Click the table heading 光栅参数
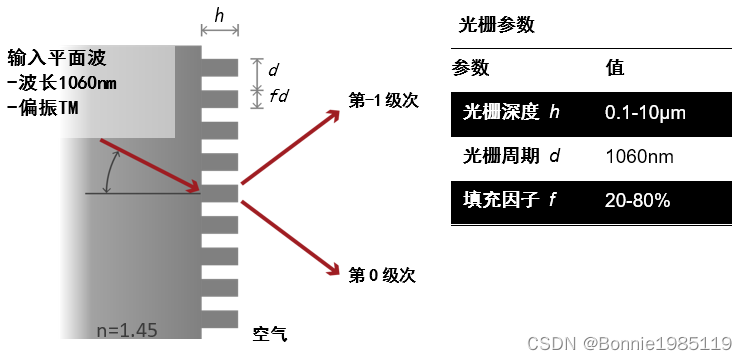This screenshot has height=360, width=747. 496,25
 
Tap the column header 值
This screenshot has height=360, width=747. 616,68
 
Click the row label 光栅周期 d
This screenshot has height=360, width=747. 511,156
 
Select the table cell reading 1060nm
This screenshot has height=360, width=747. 639,157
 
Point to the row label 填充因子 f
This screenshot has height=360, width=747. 509,200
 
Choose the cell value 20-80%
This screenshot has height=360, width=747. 637,200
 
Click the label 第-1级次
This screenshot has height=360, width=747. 381,102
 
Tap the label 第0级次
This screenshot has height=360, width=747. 381,273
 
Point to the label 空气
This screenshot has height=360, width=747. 270,334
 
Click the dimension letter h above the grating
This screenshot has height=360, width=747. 220,15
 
